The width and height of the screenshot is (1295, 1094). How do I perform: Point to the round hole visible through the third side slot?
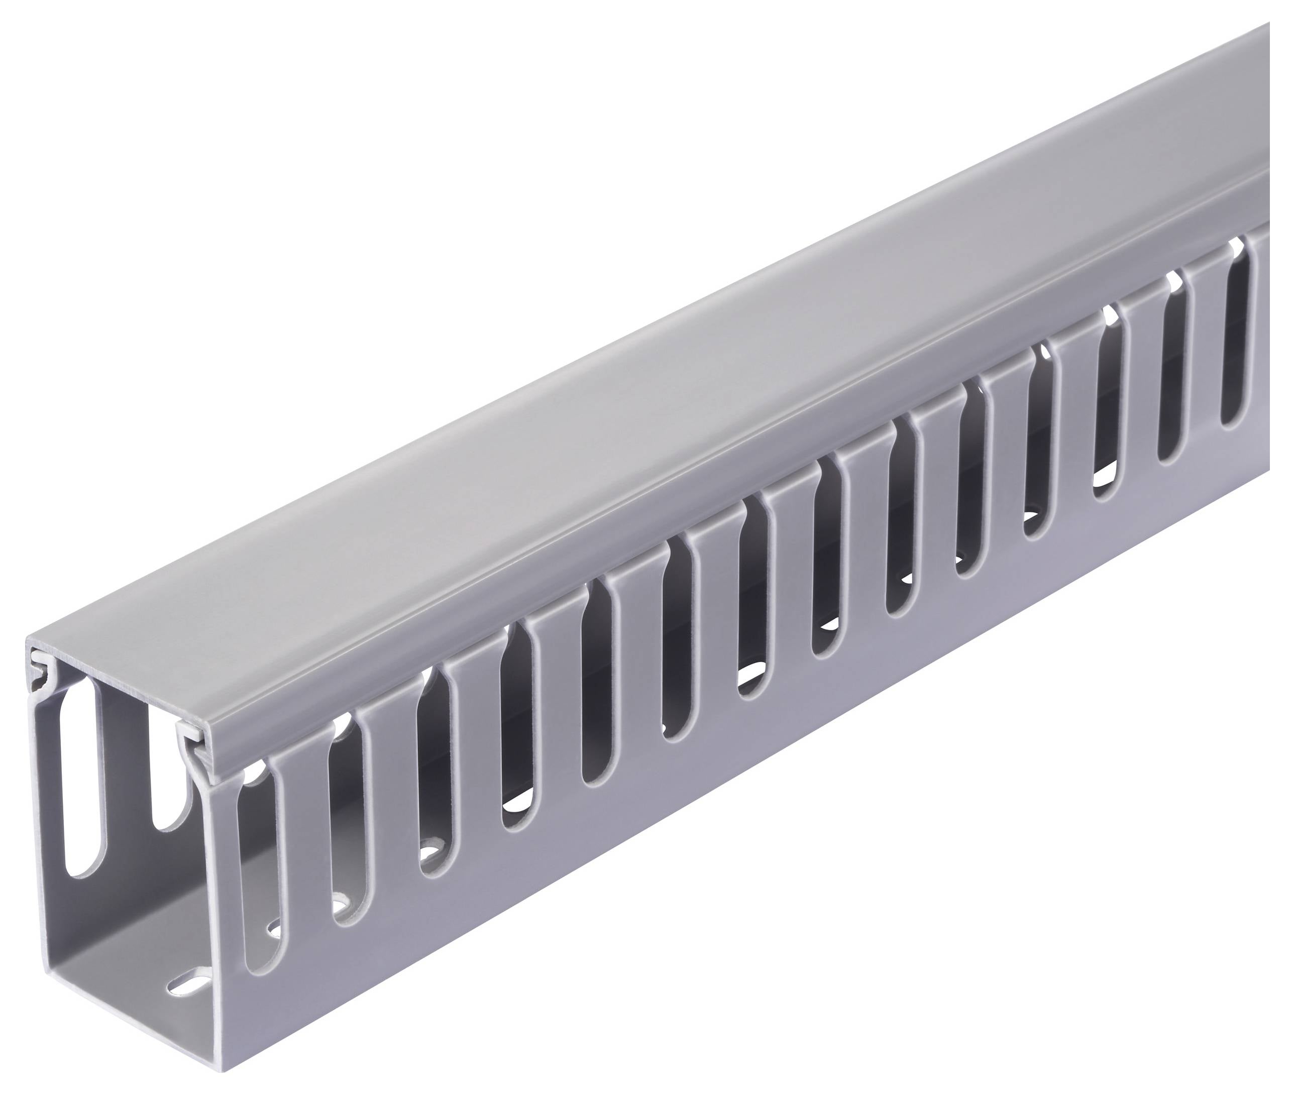click(430, 848)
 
